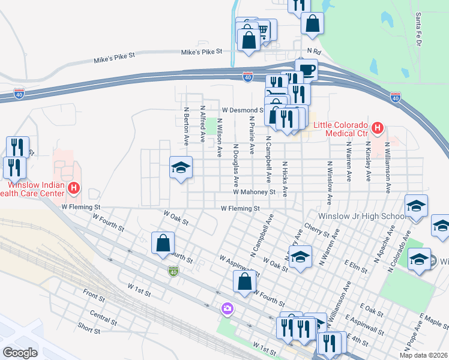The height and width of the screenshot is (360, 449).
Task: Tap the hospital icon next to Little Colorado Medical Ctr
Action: (378, 127)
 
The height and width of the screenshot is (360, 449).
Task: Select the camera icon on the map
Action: (227, 308)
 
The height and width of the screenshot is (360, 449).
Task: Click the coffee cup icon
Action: (306, 70)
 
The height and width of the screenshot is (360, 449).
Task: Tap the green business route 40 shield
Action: (172, 272)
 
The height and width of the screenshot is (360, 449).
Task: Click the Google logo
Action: (20, 352)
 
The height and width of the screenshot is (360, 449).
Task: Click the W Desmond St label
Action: (243, 110)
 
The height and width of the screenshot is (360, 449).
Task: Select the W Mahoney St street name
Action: (254, 193)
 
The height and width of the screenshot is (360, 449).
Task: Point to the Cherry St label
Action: (318, 230)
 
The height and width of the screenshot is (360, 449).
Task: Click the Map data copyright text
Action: (423, 355)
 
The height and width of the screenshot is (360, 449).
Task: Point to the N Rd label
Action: (315, 52)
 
